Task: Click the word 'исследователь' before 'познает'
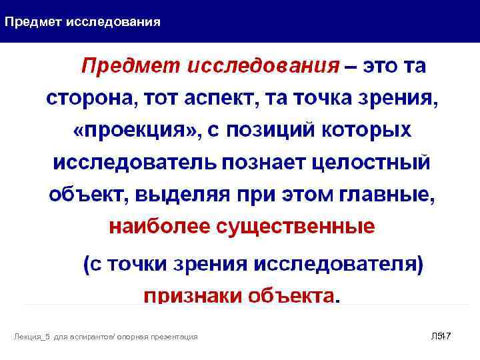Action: (x=134, y=162)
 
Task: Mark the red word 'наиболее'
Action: (x=156, y=227)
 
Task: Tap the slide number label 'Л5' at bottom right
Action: (x=437, y=335)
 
